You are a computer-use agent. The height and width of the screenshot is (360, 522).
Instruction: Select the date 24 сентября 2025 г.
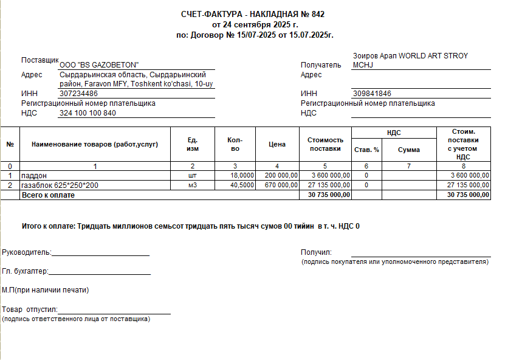260,25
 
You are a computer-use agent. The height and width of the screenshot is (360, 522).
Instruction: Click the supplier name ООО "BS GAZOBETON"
99,65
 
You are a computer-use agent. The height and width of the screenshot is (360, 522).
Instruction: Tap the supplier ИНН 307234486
78,94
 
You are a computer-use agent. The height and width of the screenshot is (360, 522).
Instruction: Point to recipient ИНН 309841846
371,94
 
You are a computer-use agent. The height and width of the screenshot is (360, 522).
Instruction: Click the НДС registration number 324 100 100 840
88,113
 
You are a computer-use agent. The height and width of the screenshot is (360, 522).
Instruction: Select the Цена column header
277,145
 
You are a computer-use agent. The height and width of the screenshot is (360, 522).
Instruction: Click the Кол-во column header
235,145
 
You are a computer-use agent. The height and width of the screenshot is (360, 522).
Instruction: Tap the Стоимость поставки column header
326,145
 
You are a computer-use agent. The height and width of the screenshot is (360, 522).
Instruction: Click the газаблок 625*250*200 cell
60,185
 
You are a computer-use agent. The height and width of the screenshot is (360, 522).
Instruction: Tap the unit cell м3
193,185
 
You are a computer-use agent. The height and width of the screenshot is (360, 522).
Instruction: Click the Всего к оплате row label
48,195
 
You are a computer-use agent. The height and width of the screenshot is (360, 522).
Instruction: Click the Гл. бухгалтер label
25,272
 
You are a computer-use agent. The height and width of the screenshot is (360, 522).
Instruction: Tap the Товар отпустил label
29,310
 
